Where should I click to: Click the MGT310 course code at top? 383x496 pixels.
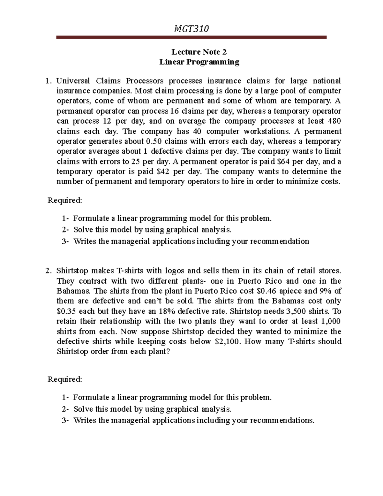coord(191,29)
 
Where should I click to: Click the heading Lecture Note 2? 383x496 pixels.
coord(199,52)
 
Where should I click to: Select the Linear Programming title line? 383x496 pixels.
coord(199,62)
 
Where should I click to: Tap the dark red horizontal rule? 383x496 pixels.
coord(191,37)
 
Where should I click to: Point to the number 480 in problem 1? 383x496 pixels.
coord(334,121)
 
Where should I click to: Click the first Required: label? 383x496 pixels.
coord(65,200)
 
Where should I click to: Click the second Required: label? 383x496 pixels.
coord(65,379)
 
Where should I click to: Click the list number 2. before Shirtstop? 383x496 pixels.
coord(48,271)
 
